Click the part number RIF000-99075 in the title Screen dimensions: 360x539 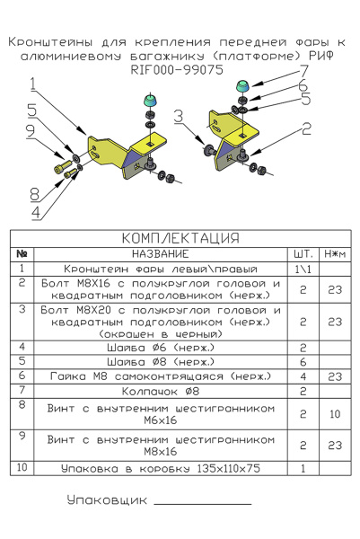[x=177, y=70]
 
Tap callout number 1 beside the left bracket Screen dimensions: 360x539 [x=32, y=84]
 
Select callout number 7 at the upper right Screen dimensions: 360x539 [x=303, y=71]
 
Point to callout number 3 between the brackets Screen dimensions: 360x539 [x=179, y=116]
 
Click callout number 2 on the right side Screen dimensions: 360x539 [x=306, y=128]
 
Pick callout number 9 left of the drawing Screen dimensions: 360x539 [x=31, y=131]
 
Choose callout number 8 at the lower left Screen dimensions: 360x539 [x=35, y=194]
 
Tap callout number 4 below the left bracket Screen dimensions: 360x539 [x=36, y=213]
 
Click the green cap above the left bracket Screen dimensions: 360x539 [x=150, y=100]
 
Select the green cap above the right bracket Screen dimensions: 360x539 [x=243, y=85]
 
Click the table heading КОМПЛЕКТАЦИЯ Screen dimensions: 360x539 [x=180, y=238]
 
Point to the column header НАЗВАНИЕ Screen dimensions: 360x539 [x=161, y=254]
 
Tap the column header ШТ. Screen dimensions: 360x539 [x=303, y=254]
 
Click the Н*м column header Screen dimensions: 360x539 [x=335, y=254]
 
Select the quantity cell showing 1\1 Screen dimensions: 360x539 [x=303, y=269]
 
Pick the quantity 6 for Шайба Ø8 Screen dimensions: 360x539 [x=303, y=362]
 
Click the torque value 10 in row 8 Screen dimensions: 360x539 [x=335, y=414]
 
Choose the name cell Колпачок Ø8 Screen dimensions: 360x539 [x=161, y=391]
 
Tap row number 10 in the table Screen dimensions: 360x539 [x=22, y=467]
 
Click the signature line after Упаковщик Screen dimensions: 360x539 [x=203, y=504]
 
